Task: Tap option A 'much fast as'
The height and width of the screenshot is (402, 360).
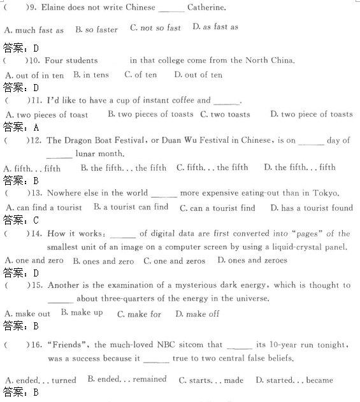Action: pos(34,29)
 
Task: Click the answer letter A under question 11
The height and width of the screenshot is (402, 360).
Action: pos(36,127)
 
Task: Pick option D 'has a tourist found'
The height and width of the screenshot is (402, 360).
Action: pos(311,208)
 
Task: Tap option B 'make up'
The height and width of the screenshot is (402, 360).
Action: pos(82,312)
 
